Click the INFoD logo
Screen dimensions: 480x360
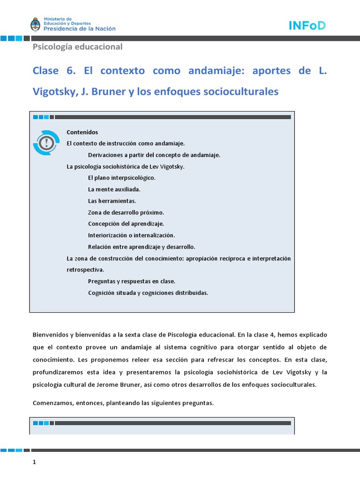tap(307, 26)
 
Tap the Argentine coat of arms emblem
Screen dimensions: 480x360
tap(36, 24)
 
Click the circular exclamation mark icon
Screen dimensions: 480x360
tap(46, 142)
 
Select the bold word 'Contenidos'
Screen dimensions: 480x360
tap(82, 132)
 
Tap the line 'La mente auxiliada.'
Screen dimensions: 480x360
tap(114, 189)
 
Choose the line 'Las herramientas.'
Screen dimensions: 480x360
tap(112, 201)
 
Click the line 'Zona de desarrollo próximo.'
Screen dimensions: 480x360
tap(126, 212)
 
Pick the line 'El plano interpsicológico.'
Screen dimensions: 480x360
tap(121, 178)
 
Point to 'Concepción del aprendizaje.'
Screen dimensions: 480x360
tap(126, 224)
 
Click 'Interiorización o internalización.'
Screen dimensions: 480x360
tap(131, 235)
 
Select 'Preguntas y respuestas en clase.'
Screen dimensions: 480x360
tap(131, 281)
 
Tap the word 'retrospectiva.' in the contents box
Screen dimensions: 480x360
tap(86, 270)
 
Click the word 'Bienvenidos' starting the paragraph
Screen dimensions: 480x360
tap(51, 335)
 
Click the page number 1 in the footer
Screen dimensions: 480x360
tap(34, 462)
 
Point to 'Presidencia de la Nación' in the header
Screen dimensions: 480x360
tap(79, 28)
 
